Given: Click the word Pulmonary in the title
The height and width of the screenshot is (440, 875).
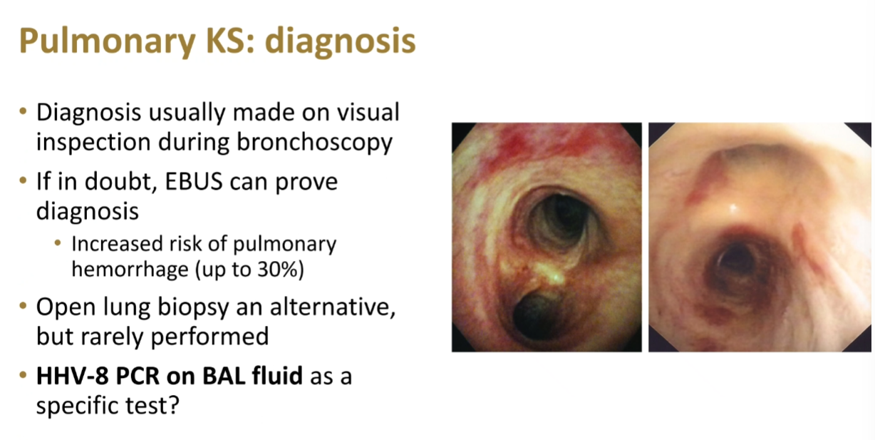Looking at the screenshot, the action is pyautogui.click(x=108, y=42).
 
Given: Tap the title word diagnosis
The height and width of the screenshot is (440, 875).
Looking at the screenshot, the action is pyautogui.click(x=340, y=42).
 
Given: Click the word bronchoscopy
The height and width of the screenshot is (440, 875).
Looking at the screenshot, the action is pyautogui.click(x=314, y=143).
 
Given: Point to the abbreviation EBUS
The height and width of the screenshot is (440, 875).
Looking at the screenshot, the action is pyautogui.click(x=194, y=182).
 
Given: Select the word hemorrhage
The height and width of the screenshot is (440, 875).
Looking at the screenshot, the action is pyautogui.click(x=130, y=270).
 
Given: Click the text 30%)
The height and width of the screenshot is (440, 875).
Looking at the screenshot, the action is pyautogui.click(x=281, y=270).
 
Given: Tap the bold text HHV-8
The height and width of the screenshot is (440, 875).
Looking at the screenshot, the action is pyautogui.click(x=72, y=376).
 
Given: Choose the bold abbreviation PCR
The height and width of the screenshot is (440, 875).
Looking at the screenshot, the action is pyautogui.click(x=138, y=376).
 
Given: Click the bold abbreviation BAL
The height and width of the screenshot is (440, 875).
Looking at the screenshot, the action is pyautogui.click(x=224, y=376).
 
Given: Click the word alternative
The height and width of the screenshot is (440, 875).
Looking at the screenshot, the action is pyautogui.click(x=333, y=307).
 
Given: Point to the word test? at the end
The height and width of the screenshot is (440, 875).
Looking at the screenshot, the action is pyautogui.click(x=152, y=406).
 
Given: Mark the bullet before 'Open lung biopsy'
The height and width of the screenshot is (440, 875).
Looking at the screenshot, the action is pyautogui.click(x=23, y=305).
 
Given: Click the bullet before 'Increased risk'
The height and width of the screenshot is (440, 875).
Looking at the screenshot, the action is pyautogui.click(x=58, y=243).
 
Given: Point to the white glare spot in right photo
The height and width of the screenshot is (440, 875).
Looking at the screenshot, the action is pyautogui.click(x=733, y=208).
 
